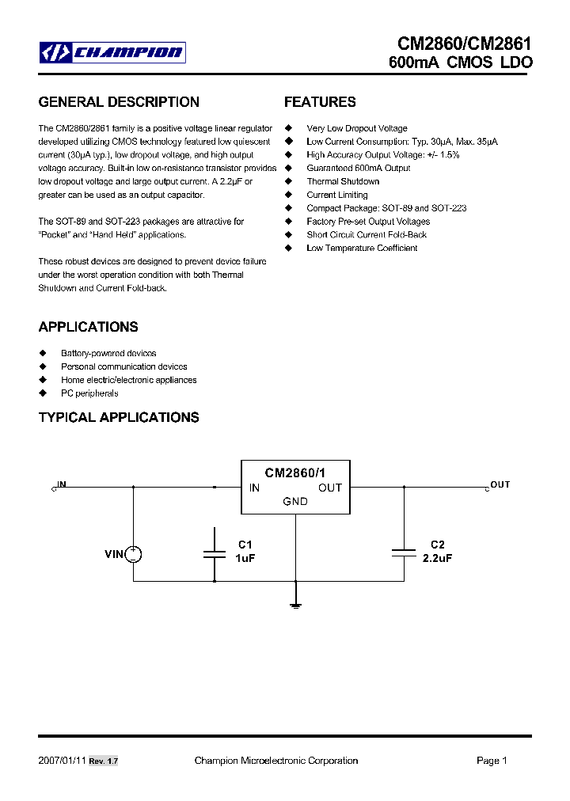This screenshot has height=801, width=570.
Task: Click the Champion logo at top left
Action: pos(113,53)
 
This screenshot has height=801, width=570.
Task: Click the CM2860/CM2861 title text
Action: pos(465,44)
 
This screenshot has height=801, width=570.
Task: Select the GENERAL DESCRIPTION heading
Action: pos(119,102)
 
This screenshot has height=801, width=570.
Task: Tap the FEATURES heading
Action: pos(320,102)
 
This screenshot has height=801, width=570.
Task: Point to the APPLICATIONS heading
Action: pos(89,327)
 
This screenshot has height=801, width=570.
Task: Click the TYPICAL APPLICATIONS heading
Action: pos(119,417)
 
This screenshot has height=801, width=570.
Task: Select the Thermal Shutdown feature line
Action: pos(343,181)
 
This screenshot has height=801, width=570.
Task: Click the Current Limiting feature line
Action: pos(337,195)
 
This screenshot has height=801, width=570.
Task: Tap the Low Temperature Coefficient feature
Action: pos(362,248)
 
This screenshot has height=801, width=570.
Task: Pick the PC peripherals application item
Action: pos(89,393)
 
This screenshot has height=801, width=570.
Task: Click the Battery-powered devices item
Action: pos(108,353)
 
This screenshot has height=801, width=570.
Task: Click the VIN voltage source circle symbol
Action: pos(133,554)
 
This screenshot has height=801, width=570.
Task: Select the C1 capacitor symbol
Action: pos(215,554)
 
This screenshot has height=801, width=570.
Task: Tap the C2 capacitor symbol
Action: pos(404,554)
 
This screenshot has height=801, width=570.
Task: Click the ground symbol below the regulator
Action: pos(296,605)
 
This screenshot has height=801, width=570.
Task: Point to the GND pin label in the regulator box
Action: pos(295,502)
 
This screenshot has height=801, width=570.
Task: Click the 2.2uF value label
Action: pos(437,557)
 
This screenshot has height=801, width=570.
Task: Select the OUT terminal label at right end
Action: pos(500,484)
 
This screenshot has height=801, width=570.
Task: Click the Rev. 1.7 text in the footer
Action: pos(103,761)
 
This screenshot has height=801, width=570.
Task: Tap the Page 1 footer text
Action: pos(492,761)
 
